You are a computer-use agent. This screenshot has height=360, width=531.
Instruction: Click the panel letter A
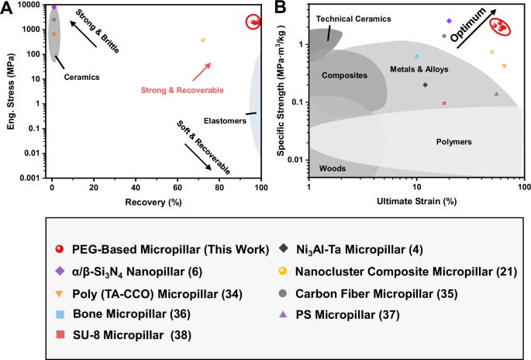pyautogui.click(x=6, y=7)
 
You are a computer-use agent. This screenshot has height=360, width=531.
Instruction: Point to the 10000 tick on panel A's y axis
pyautogui.click(x=30, y=5)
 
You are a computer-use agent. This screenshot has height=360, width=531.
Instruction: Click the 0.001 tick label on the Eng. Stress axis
pyautogui.click(x=30, y=178)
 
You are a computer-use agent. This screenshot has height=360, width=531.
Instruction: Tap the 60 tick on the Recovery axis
pyautogui.click(x=178, y=189)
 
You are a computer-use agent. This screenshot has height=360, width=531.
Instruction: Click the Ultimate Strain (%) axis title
pyautogui.click(x=417, y=201)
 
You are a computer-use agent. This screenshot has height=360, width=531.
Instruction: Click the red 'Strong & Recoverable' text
pyautogui.click(x=177, y=91)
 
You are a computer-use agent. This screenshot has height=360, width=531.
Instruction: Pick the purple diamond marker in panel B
pyautogui.click(x=449, y=21)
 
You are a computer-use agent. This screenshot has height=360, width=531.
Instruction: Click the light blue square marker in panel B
pyautogui.click(x=417, y=56)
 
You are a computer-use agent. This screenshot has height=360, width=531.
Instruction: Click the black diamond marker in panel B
pyautogui.click(x=425, y=85)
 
